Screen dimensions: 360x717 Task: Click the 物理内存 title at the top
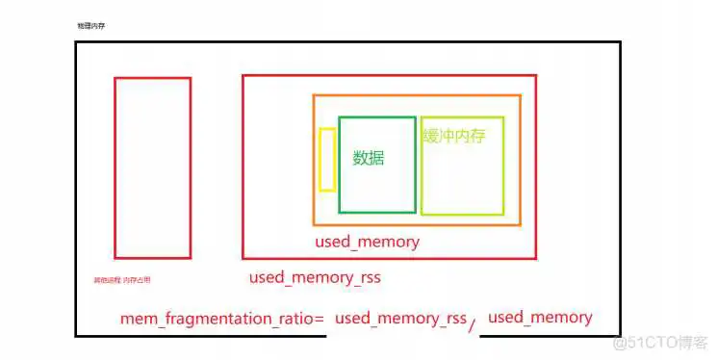tap(90, 26)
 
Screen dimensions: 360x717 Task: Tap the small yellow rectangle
tap(327, 159)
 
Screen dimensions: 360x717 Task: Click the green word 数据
tap(369, 158)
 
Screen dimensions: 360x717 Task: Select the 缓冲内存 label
tap(454, 136)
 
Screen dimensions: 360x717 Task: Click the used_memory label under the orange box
tap(367, 242)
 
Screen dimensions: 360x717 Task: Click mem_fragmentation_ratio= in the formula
tap(222, 318)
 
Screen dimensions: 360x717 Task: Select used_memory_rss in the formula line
tap(400, 318)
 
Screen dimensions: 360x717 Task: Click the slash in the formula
tap(472, 324)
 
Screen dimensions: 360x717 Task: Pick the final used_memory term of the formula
tap(540, 317)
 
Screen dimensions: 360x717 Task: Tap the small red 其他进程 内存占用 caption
tap(121, 280)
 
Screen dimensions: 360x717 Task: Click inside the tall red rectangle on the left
tap(152, 168)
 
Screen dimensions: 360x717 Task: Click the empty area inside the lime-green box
tap(462, 183)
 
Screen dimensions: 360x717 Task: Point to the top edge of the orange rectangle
tap(416, 95)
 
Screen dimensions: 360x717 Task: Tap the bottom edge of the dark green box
tap(376, 212)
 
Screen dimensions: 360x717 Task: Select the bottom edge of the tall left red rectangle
tap(152, 258)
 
